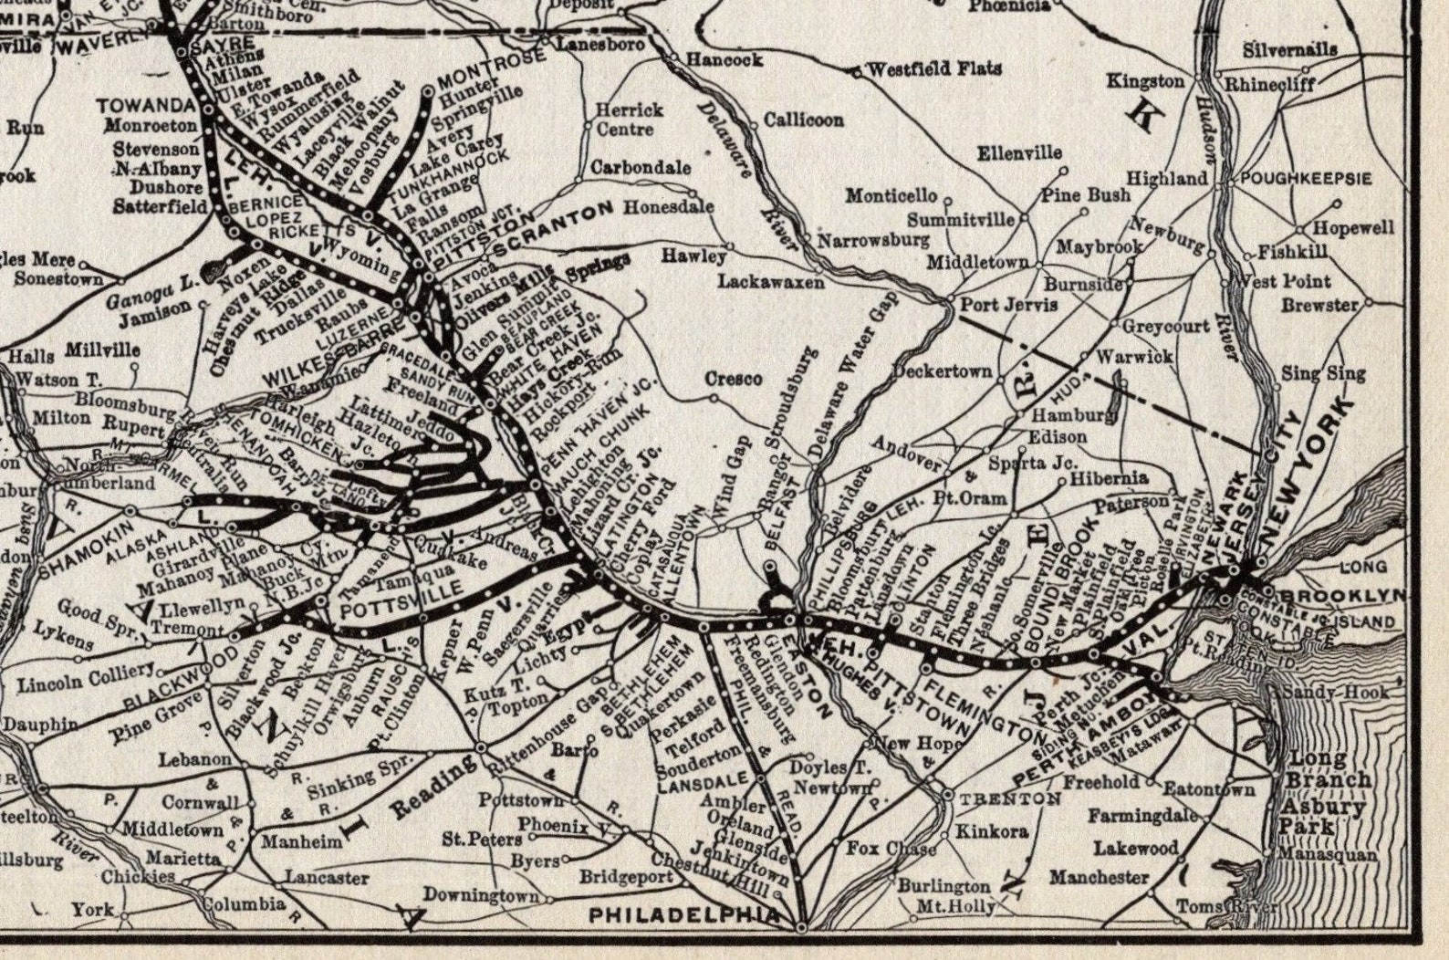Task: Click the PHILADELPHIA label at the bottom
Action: point(684,913)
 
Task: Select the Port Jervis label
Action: point(1008,304)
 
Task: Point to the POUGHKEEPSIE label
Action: point(1306,178)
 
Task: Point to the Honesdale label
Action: point(668,207)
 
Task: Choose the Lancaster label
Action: point(326,878)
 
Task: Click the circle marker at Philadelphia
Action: point(801,927)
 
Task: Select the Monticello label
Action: point(891,195)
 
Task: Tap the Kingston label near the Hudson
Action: point(1145,80)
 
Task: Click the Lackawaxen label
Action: point(770,282)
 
